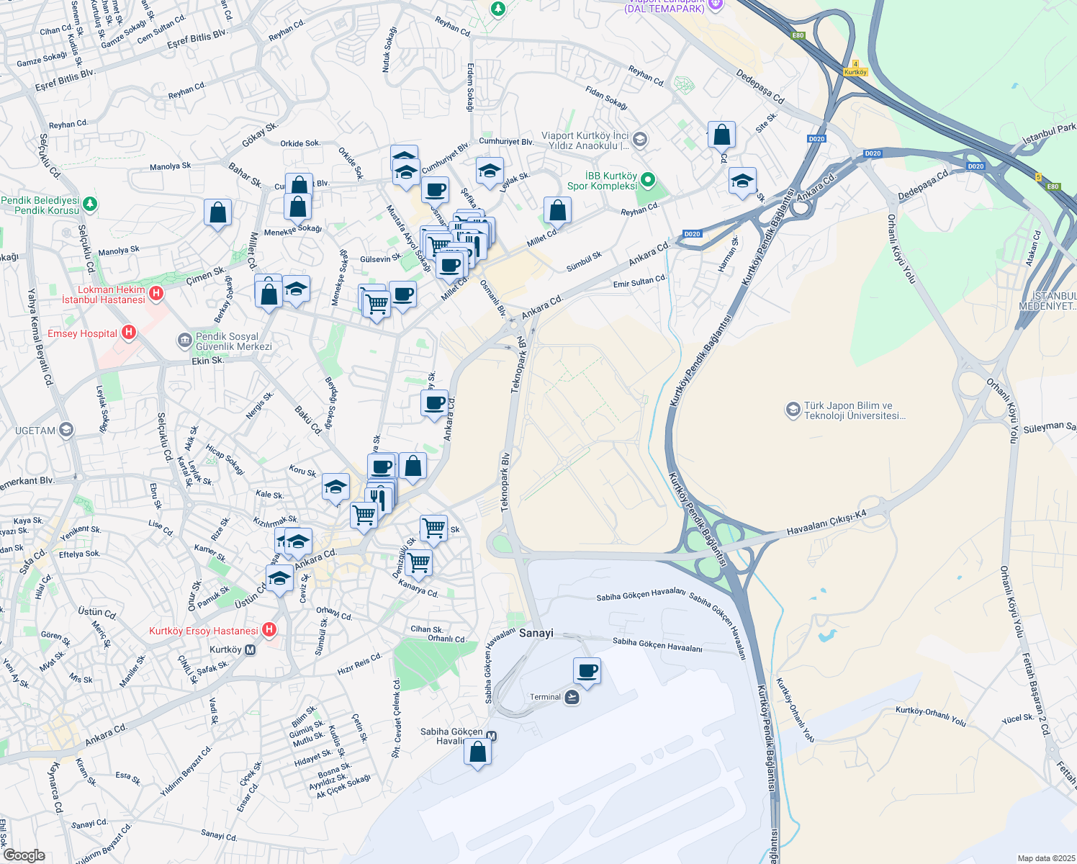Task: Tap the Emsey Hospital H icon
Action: (x=129, y=332)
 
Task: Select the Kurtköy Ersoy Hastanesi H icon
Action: (x=269, y=630)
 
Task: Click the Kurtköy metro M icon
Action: (x=251, y=649)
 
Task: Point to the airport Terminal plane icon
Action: (x=572, y=697)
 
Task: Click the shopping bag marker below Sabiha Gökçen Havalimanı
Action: (x=477, y=753)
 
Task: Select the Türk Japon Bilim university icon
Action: (x=793, y=410)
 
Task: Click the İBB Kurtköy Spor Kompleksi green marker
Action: (x=648, y=180)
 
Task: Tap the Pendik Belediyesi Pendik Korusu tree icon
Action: (x=90, y=204)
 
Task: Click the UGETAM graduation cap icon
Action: (x=66, y=431)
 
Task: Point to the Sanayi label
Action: (x=536, y=633)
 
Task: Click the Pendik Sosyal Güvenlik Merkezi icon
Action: (x=185, y=340)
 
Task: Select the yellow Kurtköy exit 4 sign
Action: (x=855, y=68)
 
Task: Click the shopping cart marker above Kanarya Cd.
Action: (x=418, y=563)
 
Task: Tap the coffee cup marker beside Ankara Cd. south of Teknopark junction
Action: (x=435, y=404)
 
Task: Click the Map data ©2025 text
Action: (x=1045, y=858)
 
